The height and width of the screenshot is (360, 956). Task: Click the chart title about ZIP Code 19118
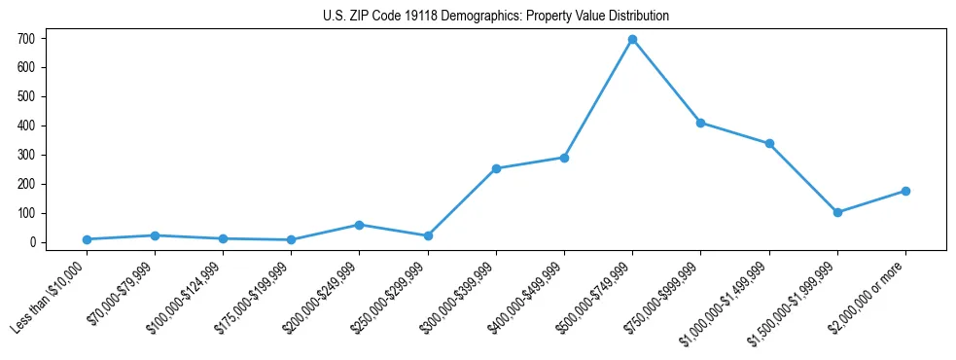coord(495,16)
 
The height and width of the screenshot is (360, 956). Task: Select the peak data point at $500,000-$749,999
coord(632,40)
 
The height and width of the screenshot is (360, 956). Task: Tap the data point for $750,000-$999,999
coord(700,123)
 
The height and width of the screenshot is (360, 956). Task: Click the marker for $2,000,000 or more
coord(905,191)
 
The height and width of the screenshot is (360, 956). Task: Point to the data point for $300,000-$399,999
coord(496,168)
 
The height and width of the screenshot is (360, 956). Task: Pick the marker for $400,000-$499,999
coord(564,158)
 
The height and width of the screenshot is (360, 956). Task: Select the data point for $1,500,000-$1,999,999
coord(837,212)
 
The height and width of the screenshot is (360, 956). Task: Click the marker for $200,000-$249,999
coord(359,225)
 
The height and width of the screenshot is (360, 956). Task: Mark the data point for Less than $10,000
coord(87,239)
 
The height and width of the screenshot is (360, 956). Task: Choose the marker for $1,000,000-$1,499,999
coord(769,143)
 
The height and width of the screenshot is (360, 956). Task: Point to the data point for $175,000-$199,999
coord(291,239)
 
